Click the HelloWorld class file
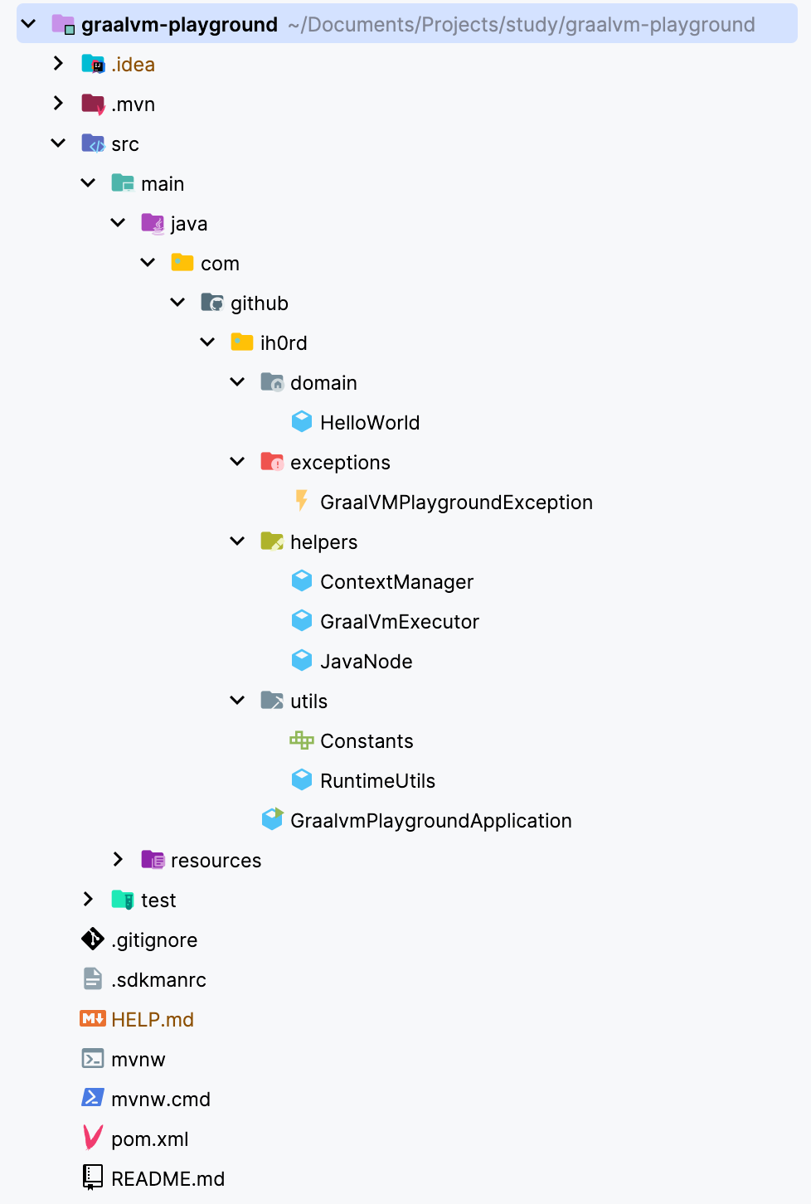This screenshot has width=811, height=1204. (x=369, y=423)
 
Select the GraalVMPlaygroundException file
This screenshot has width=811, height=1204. (x=455, y=502)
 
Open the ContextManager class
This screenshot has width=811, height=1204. (x=396, y=582)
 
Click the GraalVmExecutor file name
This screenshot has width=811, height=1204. (x=399, y=622)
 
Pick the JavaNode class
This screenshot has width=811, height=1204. (x=366, y=662)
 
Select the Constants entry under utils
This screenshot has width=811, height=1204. (x=366, y=741)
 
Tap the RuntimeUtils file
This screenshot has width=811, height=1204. (x=376, y=781)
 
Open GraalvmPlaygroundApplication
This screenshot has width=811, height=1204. (x=430, y=821)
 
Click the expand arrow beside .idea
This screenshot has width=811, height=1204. (x=58, y=64)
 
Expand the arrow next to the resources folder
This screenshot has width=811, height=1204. (x=118, y=860)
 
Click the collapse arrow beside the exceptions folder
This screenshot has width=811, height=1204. (x=237, y=462)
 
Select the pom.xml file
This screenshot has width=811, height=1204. (x=149, y=1139)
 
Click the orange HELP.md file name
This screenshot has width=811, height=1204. (x=153, y=1020)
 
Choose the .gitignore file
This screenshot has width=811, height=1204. (x=154, y=940)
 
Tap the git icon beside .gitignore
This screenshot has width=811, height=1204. (x=93, y=939)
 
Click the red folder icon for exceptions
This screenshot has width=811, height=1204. (x=272, y=462)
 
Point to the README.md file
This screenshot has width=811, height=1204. (x=168, y=1179)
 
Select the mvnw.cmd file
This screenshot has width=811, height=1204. (x=161, y=1100)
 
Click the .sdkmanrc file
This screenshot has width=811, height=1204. (x=158, y=980)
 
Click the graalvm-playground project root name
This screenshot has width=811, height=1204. (x=179, y=25)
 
